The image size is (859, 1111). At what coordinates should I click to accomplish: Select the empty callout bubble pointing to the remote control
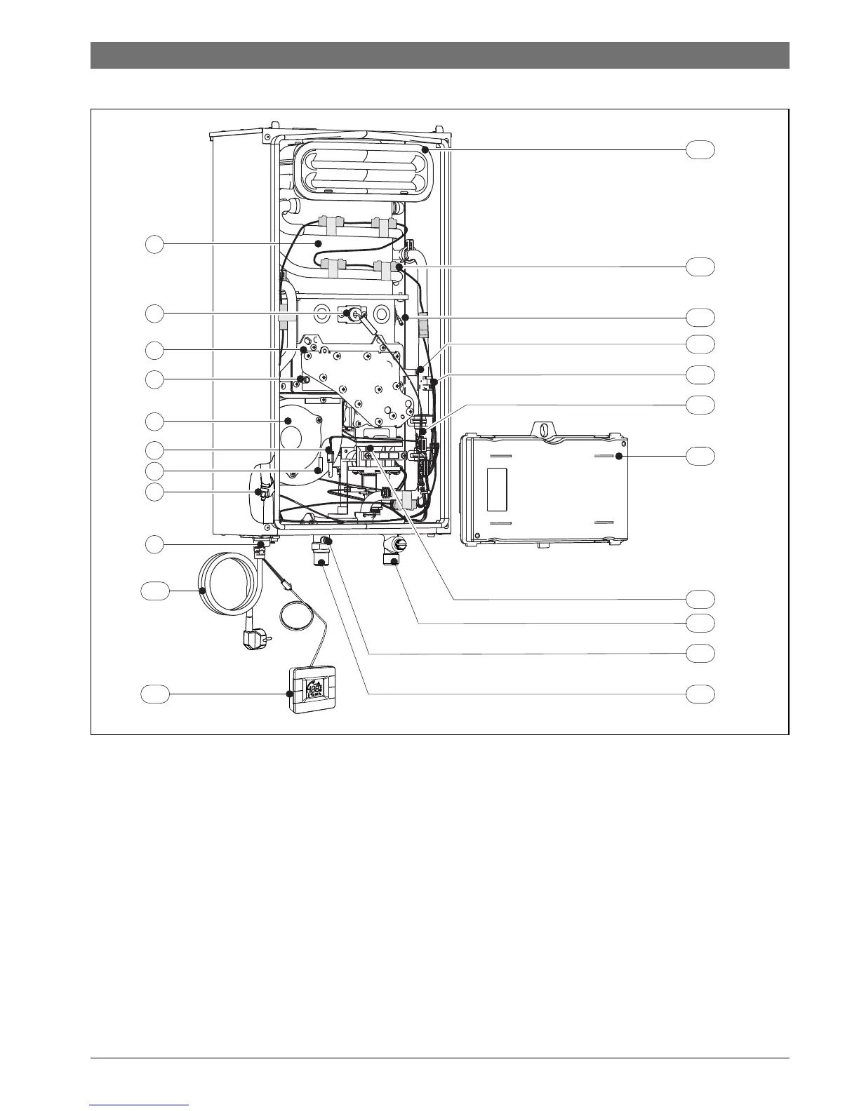tap(154, 694)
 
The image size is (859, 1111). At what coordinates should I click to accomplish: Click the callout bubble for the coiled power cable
tap(154, 591)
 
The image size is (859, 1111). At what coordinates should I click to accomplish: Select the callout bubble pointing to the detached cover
tap(700, 456)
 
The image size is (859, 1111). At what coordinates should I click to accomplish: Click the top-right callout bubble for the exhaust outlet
tap(700, 149)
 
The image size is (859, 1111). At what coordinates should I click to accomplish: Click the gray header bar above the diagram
tap(439, 55)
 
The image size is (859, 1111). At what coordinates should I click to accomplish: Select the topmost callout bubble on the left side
tap(154, 244)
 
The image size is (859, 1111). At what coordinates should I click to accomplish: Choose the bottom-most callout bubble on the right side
tap(700, 694)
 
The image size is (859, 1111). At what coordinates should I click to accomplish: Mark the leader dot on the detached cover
tap(619, 456)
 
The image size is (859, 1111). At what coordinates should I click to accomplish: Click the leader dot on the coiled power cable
tap(203, 591)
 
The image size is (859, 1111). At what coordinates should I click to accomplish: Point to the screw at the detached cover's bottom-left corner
tap(477, 537)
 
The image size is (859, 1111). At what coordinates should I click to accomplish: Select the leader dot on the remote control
tap(290, 694)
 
